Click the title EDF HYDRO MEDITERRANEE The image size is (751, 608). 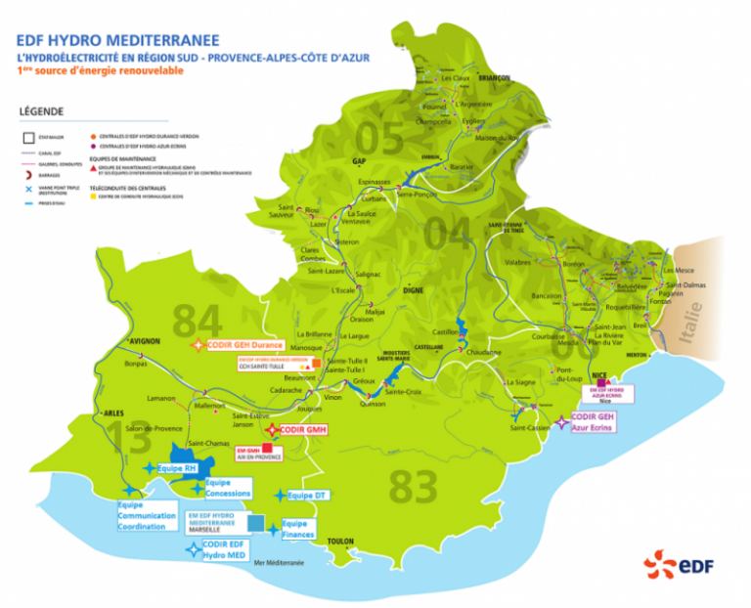(x=116, y=40)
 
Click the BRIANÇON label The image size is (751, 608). (x=493, y=78)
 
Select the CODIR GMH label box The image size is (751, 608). (x=302, y=430)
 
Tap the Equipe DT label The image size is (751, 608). (x=314, y=496)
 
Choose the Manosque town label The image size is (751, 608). (x=306, y=348)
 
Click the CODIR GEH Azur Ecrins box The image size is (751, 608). (x=597, y=422)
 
